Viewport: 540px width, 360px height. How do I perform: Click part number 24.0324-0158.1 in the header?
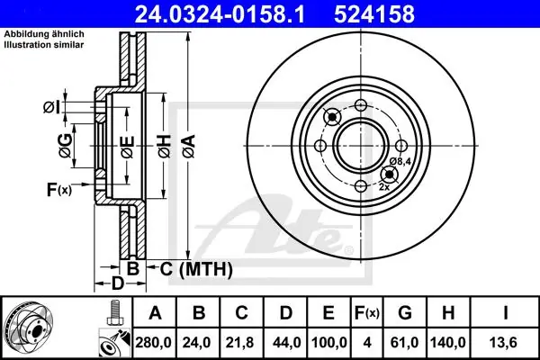(x=220, y=14)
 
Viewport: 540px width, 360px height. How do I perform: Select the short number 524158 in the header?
(x=374, y=14)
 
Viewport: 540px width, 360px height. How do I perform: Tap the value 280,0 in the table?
(x=154, y=342)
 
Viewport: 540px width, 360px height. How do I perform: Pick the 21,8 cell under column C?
(x=239, y=342)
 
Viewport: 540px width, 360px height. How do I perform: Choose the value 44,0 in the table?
(x=286, y=342)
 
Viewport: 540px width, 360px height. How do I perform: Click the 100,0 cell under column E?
(x=328, y=342)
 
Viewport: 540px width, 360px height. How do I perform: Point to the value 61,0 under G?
(x=404, y=342)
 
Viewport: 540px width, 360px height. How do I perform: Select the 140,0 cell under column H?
(x=447, y=342)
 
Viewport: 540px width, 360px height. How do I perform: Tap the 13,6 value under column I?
(x=505, y=342)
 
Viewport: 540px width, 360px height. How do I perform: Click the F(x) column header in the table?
(x=367, y=313)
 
